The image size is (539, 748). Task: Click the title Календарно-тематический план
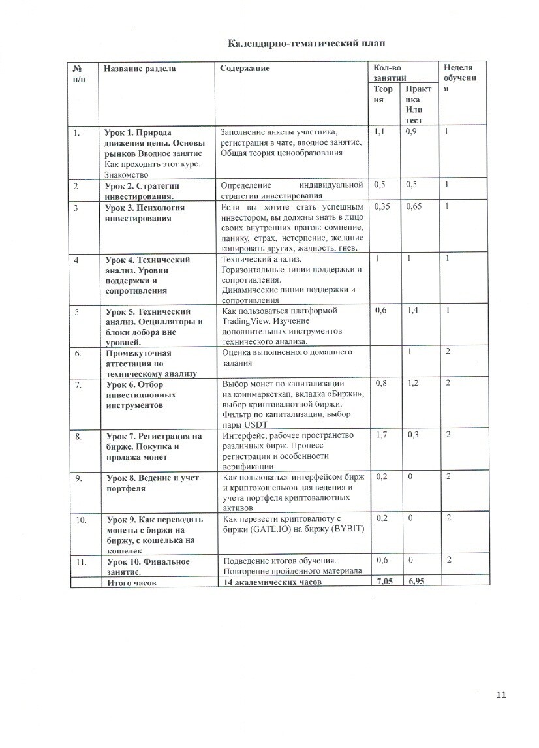tap(306, 44)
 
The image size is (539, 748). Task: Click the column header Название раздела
tap(140, 68)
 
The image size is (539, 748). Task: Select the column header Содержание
tap(245, 68)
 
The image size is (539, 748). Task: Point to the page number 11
tap(501, 694)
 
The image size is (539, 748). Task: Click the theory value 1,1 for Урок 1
tap(379, 132)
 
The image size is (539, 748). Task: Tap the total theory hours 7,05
tap(384, 582)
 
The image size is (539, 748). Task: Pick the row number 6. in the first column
tap(78, 353)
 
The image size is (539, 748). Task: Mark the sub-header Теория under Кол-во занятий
tap(383, 95)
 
